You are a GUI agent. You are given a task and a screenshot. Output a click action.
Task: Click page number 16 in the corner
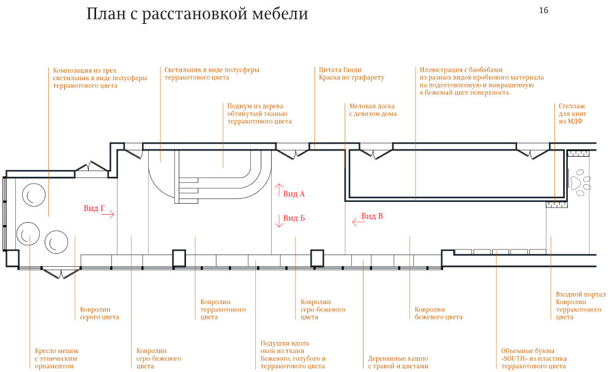(x=543, y=10)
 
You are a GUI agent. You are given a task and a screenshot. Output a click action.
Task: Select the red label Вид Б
(x=294, y=218)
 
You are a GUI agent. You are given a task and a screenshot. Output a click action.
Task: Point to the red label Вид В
(x=372, y=216)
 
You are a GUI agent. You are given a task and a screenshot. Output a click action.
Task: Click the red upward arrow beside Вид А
(x=279, y=189)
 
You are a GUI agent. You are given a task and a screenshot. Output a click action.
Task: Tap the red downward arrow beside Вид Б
(x=279, y=221)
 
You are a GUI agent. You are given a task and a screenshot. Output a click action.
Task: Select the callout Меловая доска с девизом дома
(x=373, y=110)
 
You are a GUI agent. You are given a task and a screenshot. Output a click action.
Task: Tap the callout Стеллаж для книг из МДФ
(x=570, y=114)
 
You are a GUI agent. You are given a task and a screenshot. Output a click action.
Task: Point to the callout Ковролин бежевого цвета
(x=438, y=313)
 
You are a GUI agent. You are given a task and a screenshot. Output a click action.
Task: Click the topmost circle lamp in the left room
(x=33, y=196)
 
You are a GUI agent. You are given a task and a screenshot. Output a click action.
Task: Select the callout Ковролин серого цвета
(x=99, y=313)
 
